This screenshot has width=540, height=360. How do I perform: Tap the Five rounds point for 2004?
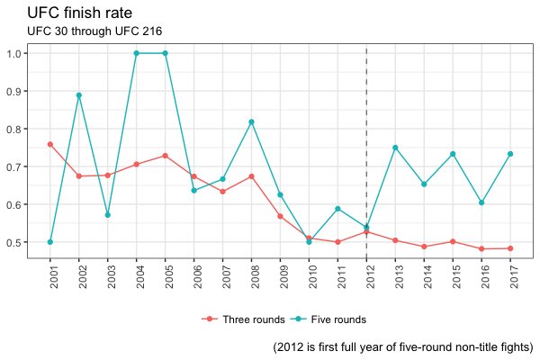[x=137, y=53]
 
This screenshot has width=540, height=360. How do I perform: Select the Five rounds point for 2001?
[x=50, y=242]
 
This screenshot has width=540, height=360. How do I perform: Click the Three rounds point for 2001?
[x=50, y=144]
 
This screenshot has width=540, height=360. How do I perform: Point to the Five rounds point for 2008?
[x=251, y=121]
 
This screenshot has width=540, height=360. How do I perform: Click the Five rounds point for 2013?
[x=395, y=148]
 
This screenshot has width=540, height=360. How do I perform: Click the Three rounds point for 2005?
[x=166, y=156]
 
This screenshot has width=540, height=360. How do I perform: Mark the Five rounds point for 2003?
[x=108, y=215]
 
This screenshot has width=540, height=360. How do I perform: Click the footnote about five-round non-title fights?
[x=402, y=346]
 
